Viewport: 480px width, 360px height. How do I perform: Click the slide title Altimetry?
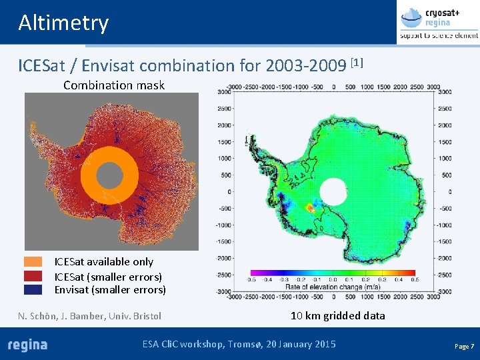click(x=63, y=23)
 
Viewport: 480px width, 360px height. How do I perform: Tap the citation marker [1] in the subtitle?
click(x=357, y=63)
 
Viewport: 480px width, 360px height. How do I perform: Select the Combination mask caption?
click(x=114, y=85)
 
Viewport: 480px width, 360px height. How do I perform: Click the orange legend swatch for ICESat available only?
click(x=33, y=262)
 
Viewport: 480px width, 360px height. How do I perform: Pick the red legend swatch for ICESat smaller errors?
click(x=33, y=276)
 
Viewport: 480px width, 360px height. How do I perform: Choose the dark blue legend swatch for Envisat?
click(x=33, y=289)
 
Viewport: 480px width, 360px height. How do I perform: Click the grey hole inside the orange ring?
click(x=109, y=175)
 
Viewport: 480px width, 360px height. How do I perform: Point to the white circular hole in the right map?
click(x=333, y=194)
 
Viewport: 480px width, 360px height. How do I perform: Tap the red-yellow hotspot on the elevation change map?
click(x=311, y=208)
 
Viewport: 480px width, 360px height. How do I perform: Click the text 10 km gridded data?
click(x=337, y=315)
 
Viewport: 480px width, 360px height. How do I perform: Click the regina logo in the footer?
click(x=27, y=345)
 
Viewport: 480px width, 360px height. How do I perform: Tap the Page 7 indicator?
click(x=464, y=347)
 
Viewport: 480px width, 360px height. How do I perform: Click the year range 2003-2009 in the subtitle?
click(x=306, y=67)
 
